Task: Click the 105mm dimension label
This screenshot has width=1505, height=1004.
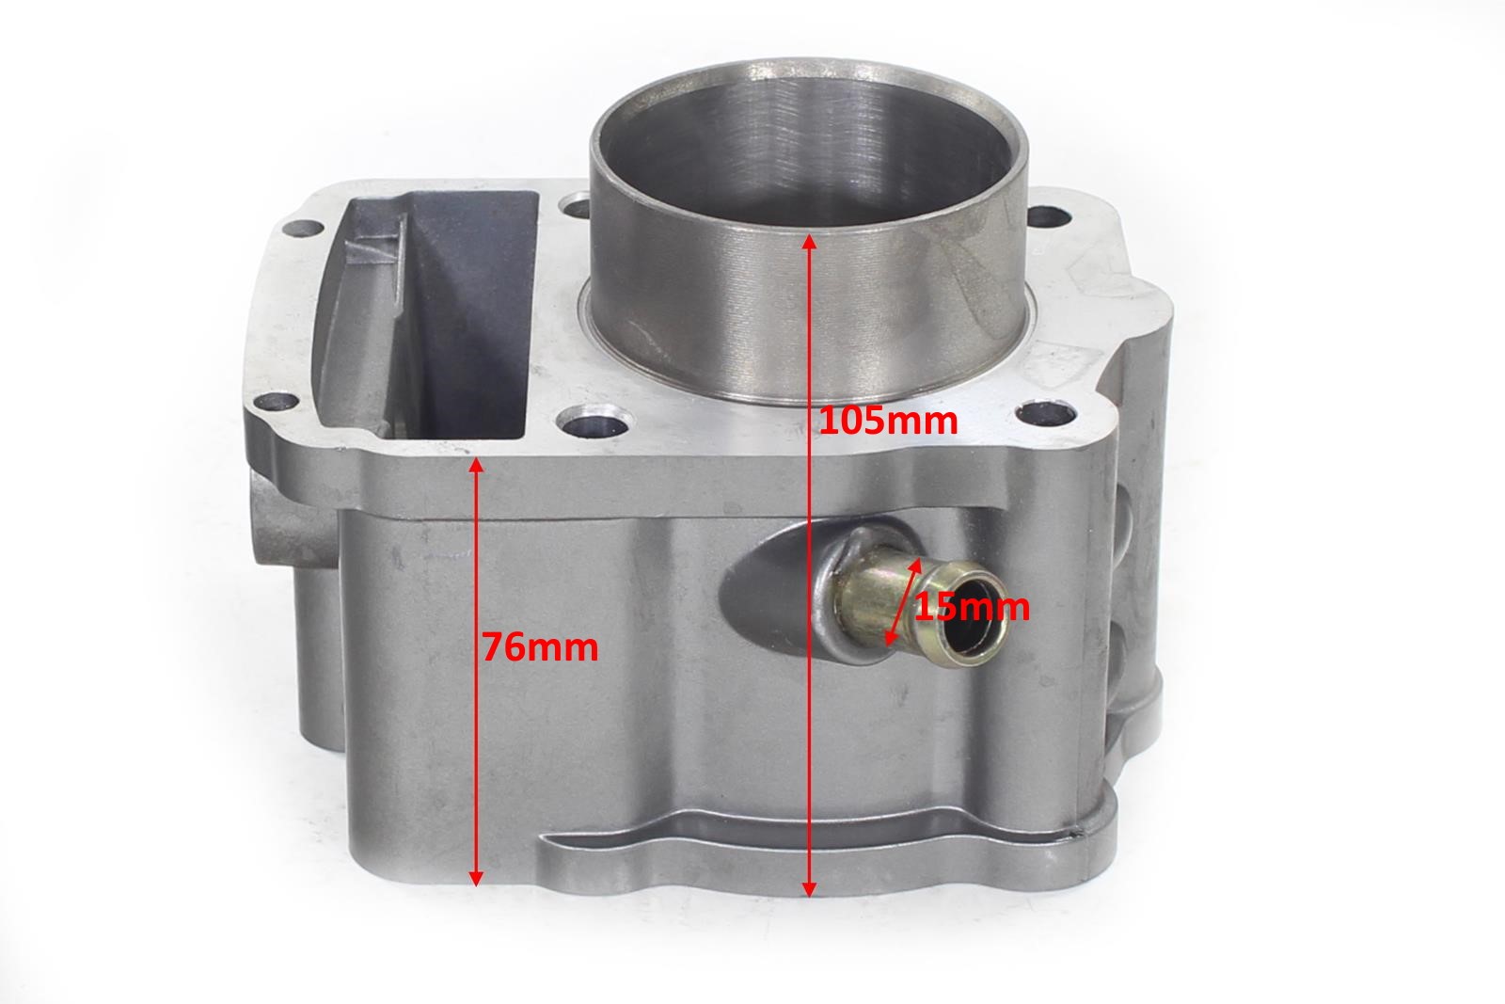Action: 888,422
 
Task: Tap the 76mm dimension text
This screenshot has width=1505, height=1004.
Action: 540,647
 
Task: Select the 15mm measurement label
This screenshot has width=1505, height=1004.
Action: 972,608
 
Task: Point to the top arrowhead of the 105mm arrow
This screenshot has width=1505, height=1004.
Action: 810,242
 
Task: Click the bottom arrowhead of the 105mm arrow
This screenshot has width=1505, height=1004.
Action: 810,888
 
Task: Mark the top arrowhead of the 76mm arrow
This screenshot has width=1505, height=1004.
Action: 476,466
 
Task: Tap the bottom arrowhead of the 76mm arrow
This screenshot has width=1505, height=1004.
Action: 476,878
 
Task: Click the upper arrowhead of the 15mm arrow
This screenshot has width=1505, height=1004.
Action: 916,566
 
